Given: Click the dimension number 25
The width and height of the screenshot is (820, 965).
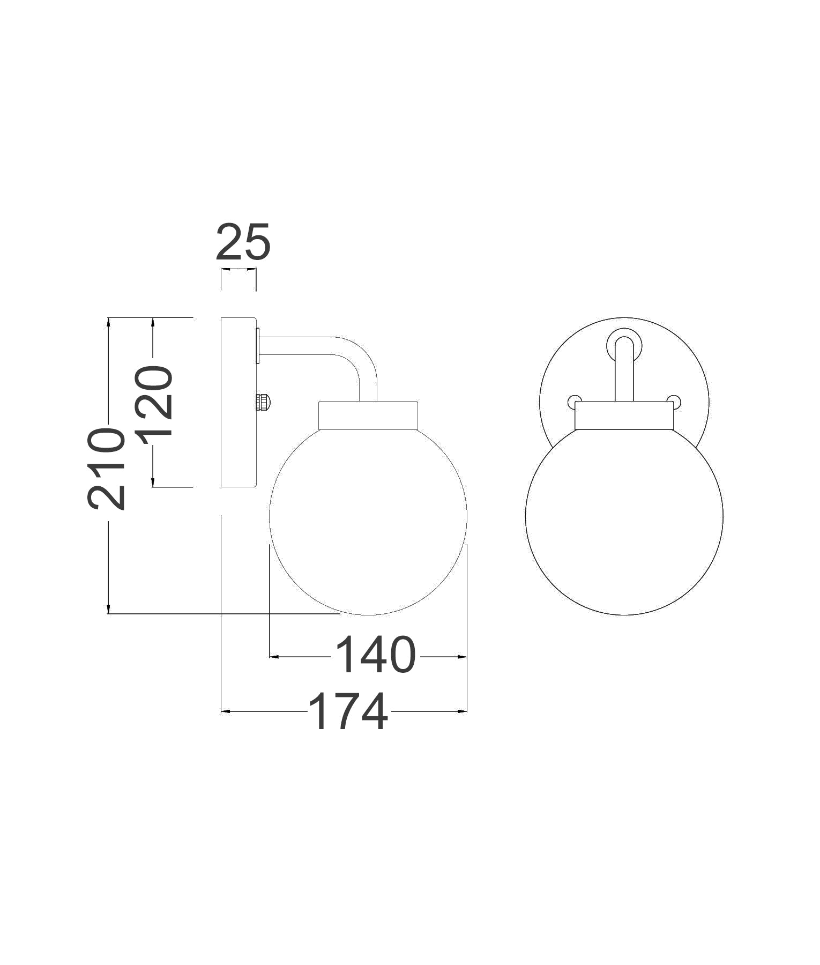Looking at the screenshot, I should (x=243, y=242).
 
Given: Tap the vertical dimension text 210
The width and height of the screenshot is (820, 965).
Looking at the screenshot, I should (x=107, y=468).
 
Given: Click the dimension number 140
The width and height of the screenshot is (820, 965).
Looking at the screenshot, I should (x=375, y=655).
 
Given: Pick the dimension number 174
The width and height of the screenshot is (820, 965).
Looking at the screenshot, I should (x=348, y=711).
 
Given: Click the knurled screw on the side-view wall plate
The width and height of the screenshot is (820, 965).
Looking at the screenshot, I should (x=264, y=402).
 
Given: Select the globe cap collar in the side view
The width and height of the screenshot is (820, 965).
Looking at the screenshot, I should (x=368, y=415).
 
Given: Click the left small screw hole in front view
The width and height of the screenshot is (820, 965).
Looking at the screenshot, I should (x=573, y=400).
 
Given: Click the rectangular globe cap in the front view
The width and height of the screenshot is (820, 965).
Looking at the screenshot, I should (x=624, y=416).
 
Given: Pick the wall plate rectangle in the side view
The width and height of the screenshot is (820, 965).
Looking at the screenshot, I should (x=238, y=402).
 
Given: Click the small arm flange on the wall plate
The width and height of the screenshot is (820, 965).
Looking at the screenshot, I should (x=258, y=346).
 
